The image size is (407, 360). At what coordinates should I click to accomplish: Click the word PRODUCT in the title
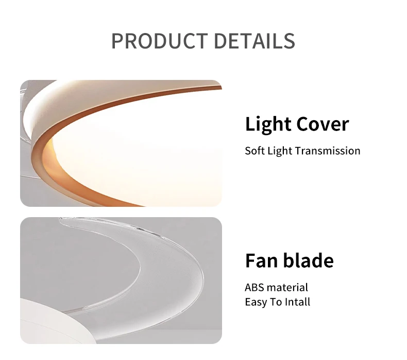pyautogui.click(x=160, y=41)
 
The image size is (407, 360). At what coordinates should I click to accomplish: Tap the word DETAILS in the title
pyautogui.click(x=255, y=41)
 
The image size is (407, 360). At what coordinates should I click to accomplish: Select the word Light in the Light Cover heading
pyautogui.click(x=268, y=125)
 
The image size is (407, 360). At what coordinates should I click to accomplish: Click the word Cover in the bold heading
pyautogui.click(x=323, y=124)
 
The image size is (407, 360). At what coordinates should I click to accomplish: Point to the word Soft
pyautogui.click(x=255, y=151)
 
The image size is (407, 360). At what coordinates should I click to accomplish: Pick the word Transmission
pyautogui.click(x=328, y=151)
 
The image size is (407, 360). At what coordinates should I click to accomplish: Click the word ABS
pyautogui.click(x=255, y=288)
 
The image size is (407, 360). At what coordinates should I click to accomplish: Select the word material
pyautogui.click(x=287, y=288)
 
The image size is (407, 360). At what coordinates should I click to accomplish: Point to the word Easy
pyautogui.click(x=256, y=303)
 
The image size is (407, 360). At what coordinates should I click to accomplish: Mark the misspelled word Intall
pyautogui.click(x=297, y=302)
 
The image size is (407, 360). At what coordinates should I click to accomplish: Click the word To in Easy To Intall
pyautogui.click(x=276, y=302)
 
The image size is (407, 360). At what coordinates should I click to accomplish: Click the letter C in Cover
pyautogui.click(x=303, y=124)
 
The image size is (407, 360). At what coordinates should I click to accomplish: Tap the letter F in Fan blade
pyautogui.click(x=250, y=260)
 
